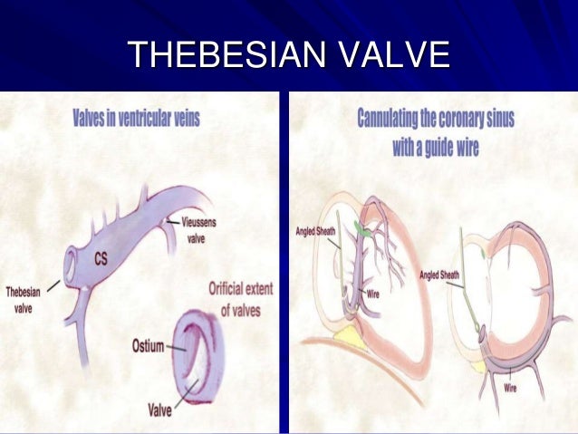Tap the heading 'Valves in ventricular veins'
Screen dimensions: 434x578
135,119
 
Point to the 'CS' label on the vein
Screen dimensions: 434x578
101,259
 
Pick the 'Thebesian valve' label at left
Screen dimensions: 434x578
24,300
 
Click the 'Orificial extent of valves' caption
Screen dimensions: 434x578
240,299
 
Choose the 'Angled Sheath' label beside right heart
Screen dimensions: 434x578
440,275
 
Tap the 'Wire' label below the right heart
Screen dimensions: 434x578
513,388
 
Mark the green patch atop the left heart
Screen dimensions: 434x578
363,231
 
